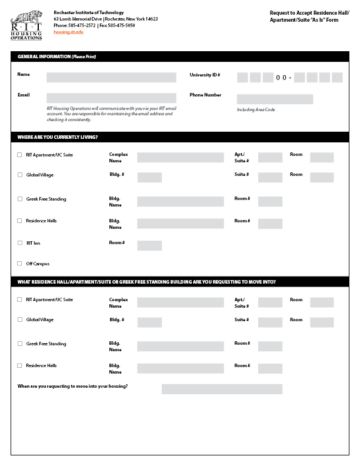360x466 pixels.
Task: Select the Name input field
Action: pyautogui.click(x=111, y=77)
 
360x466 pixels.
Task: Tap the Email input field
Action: pyautogui.click(x=111, y=98)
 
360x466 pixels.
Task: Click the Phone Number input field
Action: pyautogui.click(x=275, y=99)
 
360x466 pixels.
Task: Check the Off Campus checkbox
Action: pyautogui.click(x=19, y=264)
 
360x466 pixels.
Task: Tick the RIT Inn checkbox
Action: pyautogui.click(x=19, y=243)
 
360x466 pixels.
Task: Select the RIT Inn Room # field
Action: pyautogui.click(x=149, y=245)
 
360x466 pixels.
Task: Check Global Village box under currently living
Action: pyautogui.click(x=19, y=175)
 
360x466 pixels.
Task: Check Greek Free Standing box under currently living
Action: pyautogui.click(x=19, y=199)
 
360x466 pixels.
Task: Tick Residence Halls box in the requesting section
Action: pyautogui.click(x=19, y=365)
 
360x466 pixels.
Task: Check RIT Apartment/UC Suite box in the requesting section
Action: pyautogui.click(x=19, y=299)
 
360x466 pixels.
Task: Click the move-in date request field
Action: pyautogui.click(x=222, y=389)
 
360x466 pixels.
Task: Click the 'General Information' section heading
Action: pyautogui.click(x=56, y=57)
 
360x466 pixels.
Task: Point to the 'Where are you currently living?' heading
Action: pyautogui.click(x=58, y=137)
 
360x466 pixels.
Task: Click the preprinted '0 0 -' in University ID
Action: pyautogui.click(x=284, y=78)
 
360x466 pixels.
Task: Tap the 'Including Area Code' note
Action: pyautogui.click(x=256, y=110)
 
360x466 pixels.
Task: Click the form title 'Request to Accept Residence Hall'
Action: pyautogui.click(x=309, y=12)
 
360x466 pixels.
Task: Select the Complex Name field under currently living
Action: pyautogui.click(x=181, y=157)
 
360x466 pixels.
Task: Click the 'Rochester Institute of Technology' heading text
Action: pyautogui.click(x=88, y=12)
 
